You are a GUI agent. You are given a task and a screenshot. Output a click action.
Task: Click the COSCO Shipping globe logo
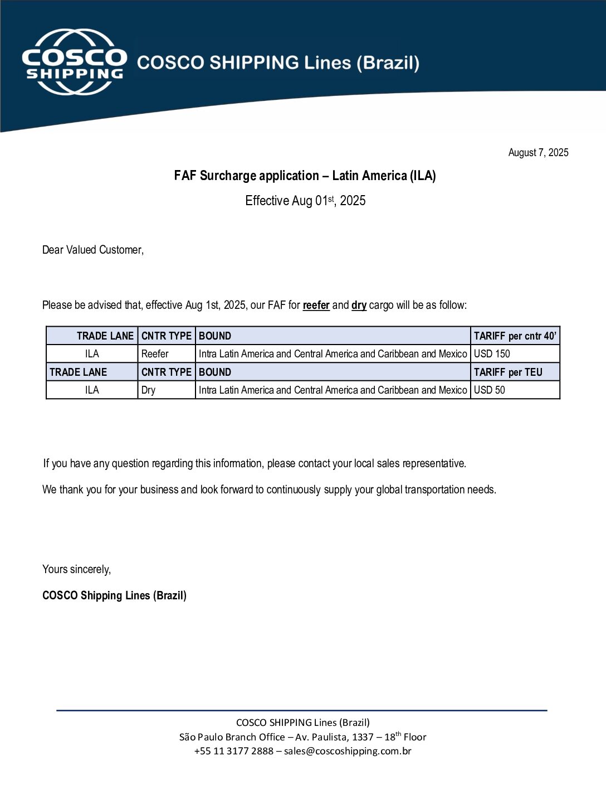tap(74, 62)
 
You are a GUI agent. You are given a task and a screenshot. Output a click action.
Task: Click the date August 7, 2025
tap(538, 153)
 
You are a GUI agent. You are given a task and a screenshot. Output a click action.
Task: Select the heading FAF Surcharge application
tap(305, 176)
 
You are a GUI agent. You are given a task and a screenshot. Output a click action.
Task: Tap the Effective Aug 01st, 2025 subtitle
tap(305, 201)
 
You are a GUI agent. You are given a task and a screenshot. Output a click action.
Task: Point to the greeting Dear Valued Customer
tap(93, 250)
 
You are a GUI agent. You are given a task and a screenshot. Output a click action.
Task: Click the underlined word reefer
tap(316, 305)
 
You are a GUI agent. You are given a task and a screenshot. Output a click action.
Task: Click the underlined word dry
tap(359, 305)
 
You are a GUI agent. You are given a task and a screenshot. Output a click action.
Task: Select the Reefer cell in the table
tap(155, 354)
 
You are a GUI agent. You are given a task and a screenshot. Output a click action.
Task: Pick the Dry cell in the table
tap(148, 390)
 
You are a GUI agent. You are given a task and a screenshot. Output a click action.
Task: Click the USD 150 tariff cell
tap(492, 354)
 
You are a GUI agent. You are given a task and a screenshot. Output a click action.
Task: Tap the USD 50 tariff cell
tap(489, 390)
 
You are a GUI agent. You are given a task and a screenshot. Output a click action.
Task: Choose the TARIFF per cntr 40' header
tap(515, 336)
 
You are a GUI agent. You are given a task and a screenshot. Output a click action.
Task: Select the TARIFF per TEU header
tap(507, 372)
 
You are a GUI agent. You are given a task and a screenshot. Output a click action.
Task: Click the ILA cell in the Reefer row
tap(92, 354)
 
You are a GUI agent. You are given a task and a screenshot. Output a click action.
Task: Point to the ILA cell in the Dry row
tap(92, 390)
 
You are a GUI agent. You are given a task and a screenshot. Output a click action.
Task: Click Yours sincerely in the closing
tap(76, 569)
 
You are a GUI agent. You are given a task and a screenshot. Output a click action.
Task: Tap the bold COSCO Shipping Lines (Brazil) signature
tap(114, 595)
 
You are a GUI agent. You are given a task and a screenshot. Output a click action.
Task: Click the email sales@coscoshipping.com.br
tap(348, 751)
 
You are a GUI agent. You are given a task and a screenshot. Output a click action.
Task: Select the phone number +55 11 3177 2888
tap(233, 751)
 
